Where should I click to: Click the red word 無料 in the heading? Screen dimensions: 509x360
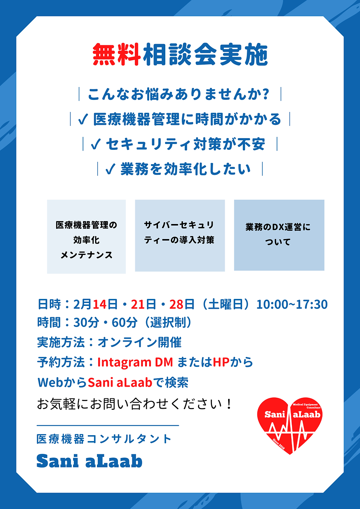point(116,55)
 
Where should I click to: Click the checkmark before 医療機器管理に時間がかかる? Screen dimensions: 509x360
point(83,119)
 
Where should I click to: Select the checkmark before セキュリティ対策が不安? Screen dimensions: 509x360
point(96,144)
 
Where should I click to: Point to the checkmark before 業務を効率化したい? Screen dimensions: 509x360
point(110,169)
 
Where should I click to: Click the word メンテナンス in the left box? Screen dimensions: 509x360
point(86,255)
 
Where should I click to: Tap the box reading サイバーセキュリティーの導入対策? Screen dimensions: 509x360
point(180,235)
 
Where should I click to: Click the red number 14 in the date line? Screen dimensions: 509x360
point(99,304)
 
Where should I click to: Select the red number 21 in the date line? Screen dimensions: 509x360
point(138,304)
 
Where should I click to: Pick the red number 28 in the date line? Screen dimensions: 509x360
point(176,304)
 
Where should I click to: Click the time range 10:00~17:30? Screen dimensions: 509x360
point(292,304)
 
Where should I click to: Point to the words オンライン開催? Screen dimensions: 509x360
point(140,342)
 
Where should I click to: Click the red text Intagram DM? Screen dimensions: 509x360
point(135,362)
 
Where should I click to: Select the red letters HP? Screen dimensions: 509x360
point(221,362)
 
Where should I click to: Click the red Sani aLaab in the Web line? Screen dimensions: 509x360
point(120,383)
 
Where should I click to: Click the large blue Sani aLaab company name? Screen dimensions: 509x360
point(89,461)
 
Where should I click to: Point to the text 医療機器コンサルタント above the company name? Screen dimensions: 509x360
point(104,439)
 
